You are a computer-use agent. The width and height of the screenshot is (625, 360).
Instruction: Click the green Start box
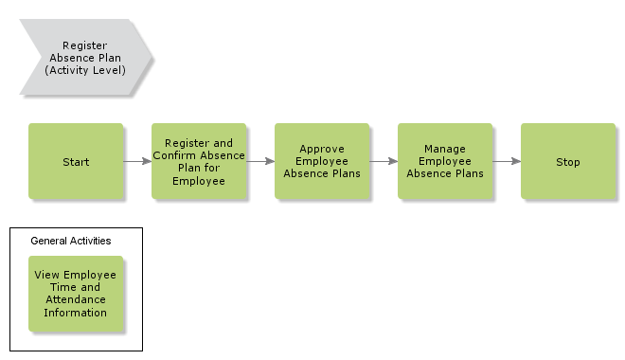coord(76,161)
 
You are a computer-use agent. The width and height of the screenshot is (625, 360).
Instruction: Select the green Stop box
coord(568,161)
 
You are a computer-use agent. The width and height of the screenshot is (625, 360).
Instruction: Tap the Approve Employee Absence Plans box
coord(322,161)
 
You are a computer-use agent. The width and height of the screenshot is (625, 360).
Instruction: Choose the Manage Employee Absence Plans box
coord(445,161)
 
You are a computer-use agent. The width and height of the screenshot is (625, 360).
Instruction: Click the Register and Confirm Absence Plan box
coord(199,161)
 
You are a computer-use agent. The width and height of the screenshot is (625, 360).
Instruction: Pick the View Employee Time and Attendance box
coord(76,294)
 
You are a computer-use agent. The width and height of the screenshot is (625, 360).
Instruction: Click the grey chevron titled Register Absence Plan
coord(84,57)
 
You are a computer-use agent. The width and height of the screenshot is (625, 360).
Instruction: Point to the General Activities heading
coord(71,241)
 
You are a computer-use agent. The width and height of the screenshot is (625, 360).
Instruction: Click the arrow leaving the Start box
coord(137,161)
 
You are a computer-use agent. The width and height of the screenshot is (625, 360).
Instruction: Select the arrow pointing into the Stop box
coord(507,161)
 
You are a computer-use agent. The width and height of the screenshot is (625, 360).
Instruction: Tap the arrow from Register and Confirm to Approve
coord(260,161)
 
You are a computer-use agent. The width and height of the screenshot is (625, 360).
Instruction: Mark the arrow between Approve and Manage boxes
coord(384,161)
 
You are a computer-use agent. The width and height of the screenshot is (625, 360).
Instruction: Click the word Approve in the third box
coord(321,149)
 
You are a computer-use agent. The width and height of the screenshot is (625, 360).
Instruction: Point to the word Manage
coord(444,149)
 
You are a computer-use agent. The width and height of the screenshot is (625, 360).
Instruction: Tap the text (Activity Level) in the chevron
coord(84,69)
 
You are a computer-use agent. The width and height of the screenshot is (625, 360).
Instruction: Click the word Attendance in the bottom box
coord(76,299)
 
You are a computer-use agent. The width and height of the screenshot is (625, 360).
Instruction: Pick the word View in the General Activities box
coord(47,275)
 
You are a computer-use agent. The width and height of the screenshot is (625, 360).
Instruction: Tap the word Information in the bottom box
coord(76,312)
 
